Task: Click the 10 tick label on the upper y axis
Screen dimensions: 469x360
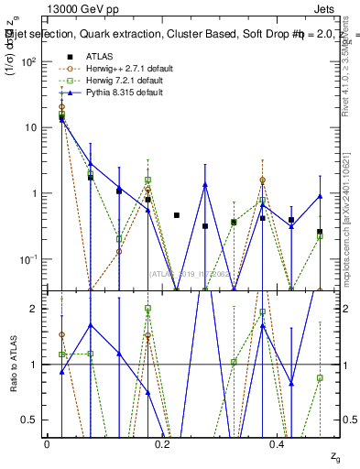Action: (30, 127)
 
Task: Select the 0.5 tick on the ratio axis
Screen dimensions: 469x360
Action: (31, 420)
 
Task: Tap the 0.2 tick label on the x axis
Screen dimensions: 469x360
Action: (162, 444)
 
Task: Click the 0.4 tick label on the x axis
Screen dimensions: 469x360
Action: (277, 444)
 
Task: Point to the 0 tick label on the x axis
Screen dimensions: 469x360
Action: (47, 444)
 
